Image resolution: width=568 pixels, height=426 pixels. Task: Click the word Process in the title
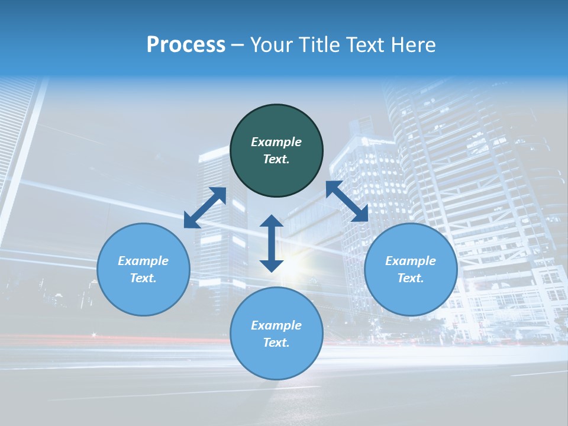[x=186, y=45]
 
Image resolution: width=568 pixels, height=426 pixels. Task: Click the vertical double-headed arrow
[x=272, y=243]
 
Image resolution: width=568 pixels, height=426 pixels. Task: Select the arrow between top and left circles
[x=205, y=208]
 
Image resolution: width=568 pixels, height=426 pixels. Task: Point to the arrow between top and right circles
[x=347, y=201]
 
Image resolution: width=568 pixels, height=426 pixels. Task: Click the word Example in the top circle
[x=276, y=142]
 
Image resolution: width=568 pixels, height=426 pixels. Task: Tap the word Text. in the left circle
[x=143, y=278]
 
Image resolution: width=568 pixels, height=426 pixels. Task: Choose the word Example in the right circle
[x=411, y=261]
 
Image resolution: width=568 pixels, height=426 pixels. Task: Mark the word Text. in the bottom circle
[x=276, y=343]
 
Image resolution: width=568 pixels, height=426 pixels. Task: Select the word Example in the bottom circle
[x=276, y=325]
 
